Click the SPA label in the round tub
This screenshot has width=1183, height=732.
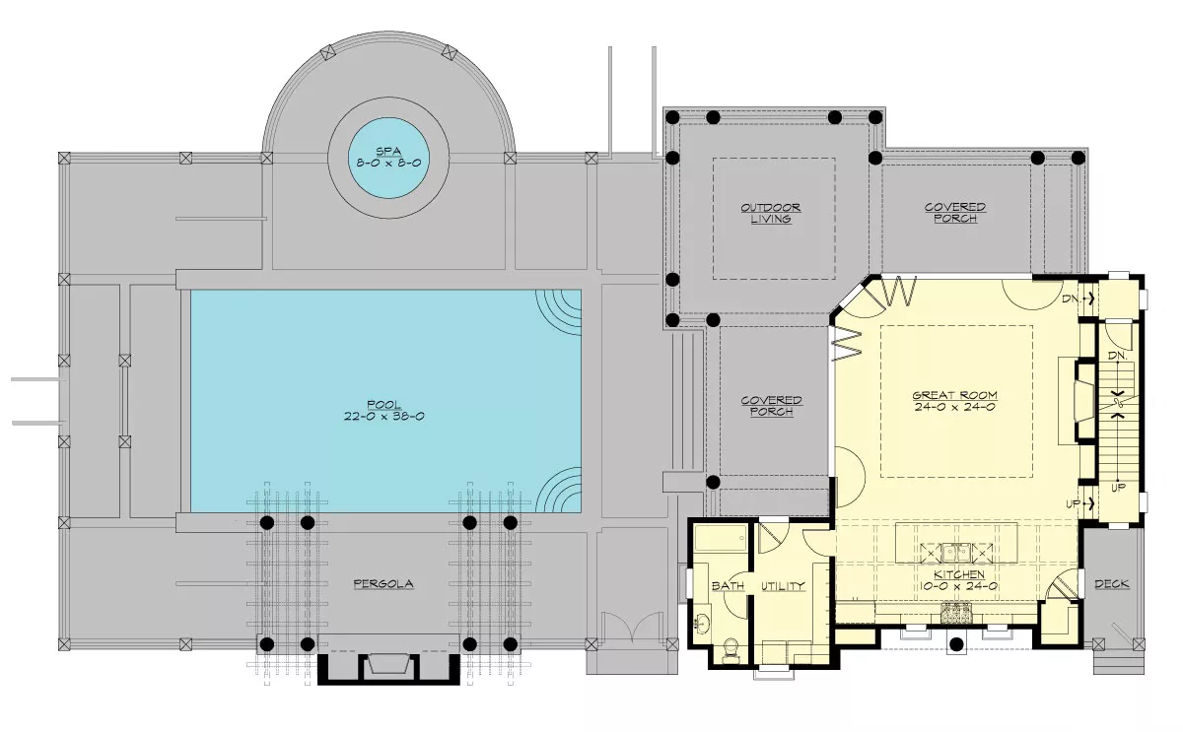(388, 152)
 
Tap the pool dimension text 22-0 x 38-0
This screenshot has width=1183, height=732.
(383, 417)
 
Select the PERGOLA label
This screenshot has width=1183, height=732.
(383, 583)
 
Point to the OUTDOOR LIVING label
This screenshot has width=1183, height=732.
(771, 213)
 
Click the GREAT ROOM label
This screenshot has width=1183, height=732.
(955, 395)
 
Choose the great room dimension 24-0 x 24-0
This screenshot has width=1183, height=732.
(955, 407)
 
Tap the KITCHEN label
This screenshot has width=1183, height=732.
(959, 574)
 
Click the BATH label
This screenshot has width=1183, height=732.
(728, 586)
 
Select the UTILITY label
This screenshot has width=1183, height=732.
(783, 586)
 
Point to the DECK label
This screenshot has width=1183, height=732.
(1112, 583)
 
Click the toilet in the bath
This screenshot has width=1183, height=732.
(731, 649)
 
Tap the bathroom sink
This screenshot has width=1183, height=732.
(702, 624)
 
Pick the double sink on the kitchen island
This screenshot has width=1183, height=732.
(956, 553)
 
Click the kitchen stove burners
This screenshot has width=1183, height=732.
(956, 613)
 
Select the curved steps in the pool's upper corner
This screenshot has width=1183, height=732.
(559, 312)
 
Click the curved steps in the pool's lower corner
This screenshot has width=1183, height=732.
(559, 490)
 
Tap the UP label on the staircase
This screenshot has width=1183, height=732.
(1118, 488)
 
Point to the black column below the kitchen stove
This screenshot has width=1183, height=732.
(956, 644)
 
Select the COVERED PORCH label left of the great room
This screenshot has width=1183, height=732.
(772, 406)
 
